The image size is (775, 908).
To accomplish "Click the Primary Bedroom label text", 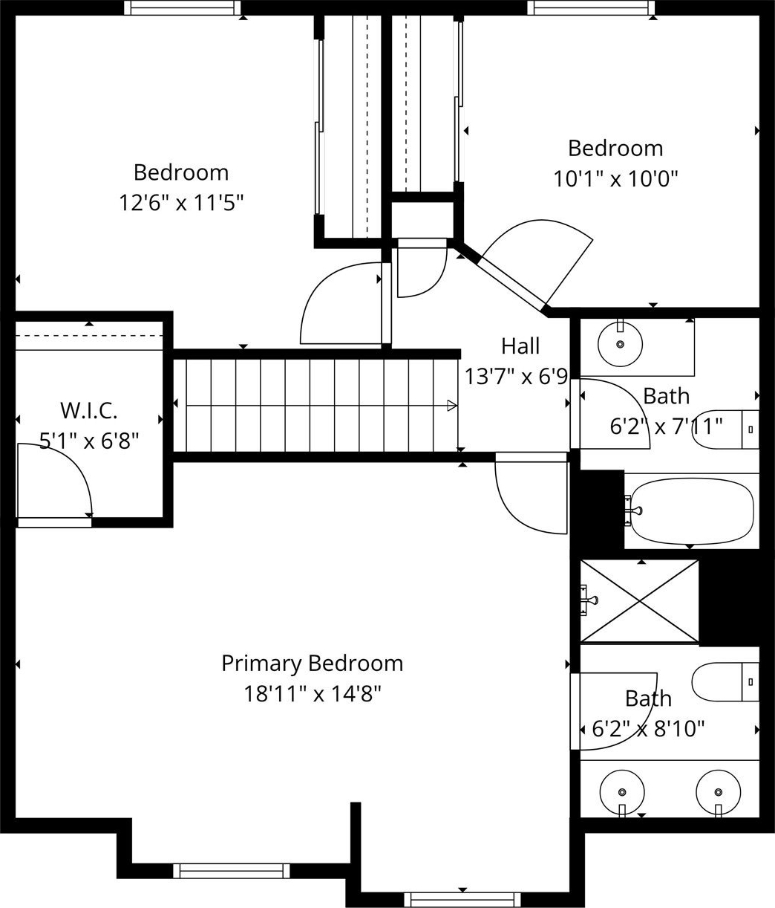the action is pos(312,664).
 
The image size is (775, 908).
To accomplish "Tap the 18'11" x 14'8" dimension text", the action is pos(312,694).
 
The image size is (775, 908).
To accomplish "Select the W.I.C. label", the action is pos(89,410).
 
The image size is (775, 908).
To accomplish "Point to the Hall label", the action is pos(520,346).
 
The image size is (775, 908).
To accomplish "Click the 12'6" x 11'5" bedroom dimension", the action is pos(181,203).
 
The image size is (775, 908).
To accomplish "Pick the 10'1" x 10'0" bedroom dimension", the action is pos(615,179).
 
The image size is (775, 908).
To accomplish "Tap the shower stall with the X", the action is pos(639,601).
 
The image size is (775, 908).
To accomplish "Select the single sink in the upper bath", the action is pos(620,344).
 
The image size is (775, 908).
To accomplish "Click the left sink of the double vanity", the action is pos(622,792).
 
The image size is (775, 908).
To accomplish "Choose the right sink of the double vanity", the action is pos(719,792).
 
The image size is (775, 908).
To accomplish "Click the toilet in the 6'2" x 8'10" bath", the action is pos(725,682).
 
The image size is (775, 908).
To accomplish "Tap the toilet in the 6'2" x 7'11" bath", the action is pos(725,429).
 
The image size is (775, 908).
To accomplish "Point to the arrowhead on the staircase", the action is pos(451,406).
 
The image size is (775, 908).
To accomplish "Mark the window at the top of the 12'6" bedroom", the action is pos(183,7).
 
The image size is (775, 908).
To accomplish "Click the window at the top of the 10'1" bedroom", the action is pos(591,7).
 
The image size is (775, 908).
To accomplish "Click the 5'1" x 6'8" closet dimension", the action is pos(89,441).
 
